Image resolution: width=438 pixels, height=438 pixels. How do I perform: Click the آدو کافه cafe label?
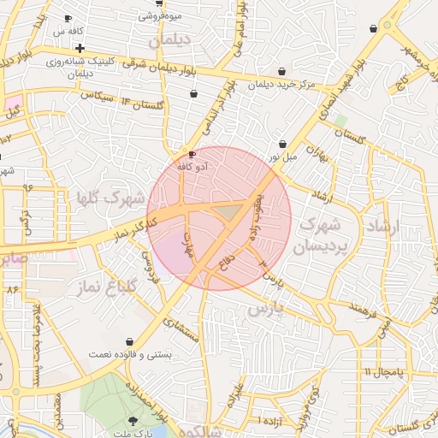[x=194, y=169]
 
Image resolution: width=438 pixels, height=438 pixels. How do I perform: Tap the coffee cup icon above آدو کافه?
[x=192, y=155]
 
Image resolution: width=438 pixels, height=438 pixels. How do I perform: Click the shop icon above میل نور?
[x=282, y=144]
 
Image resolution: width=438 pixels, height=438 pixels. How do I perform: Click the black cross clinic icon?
[x=80, y=48]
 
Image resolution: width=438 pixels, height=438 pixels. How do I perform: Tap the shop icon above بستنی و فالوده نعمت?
[x=129, y=340]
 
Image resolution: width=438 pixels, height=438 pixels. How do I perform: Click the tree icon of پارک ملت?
[x=132, y=421]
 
